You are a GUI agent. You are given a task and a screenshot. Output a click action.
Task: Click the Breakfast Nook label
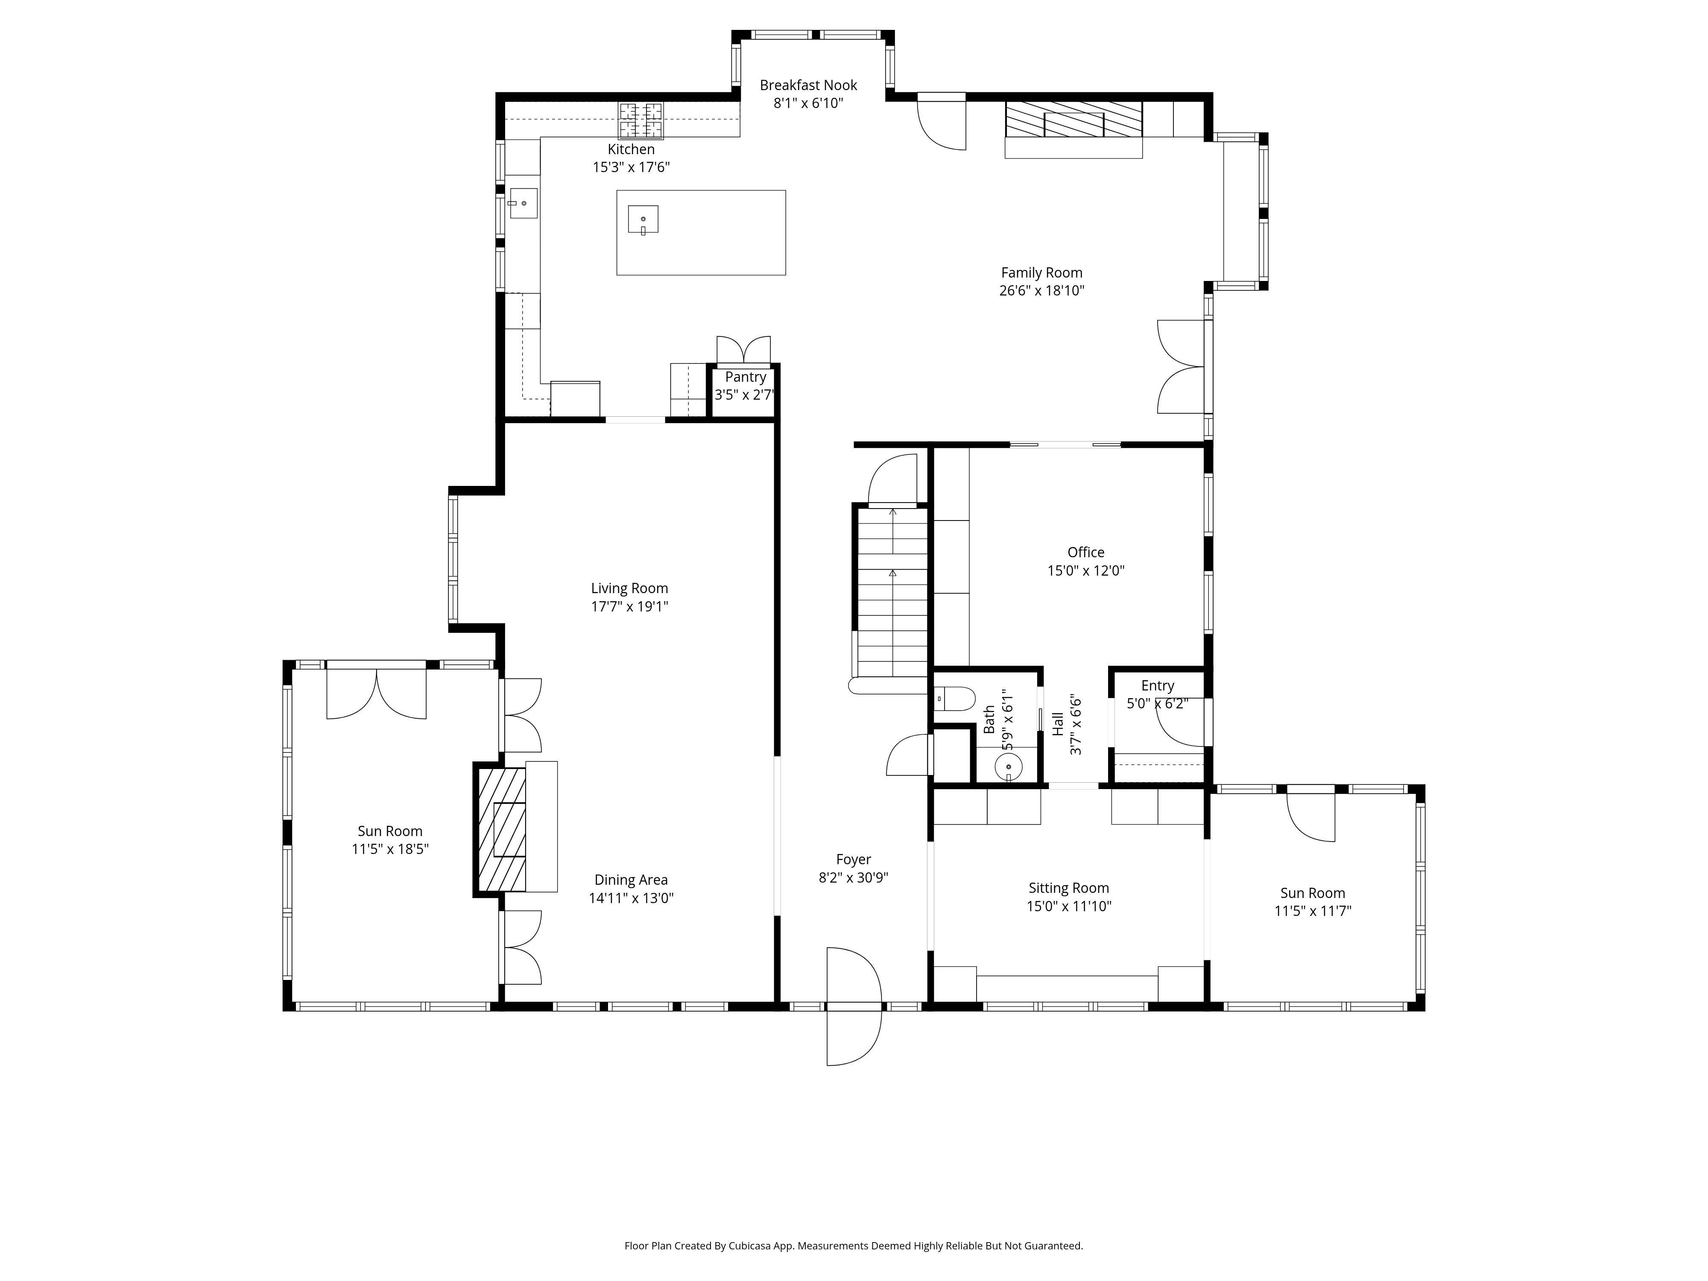click(x=808, y=85)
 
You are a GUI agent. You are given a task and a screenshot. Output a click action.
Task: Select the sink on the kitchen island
click(x=643, y=219)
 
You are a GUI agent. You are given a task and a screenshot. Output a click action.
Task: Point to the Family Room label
click(x=1041, y=272)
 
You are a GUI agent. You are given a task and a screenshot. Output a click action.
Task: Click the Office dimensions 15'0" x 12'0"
click(x=1085, y=570)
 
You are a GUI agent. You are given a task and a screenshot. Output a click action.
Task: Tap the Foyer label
click(x=853, y=860)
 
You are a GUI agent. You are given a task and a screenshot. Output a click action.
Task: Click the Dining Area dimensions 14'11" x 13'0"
click(x=631, y=898)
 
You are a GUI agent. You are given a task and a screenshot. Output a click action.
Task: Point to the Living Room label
click(x=629, y=588)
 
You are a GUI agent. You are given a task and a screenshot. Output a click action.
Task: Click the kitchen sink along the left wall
click(x=523, y=203)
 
